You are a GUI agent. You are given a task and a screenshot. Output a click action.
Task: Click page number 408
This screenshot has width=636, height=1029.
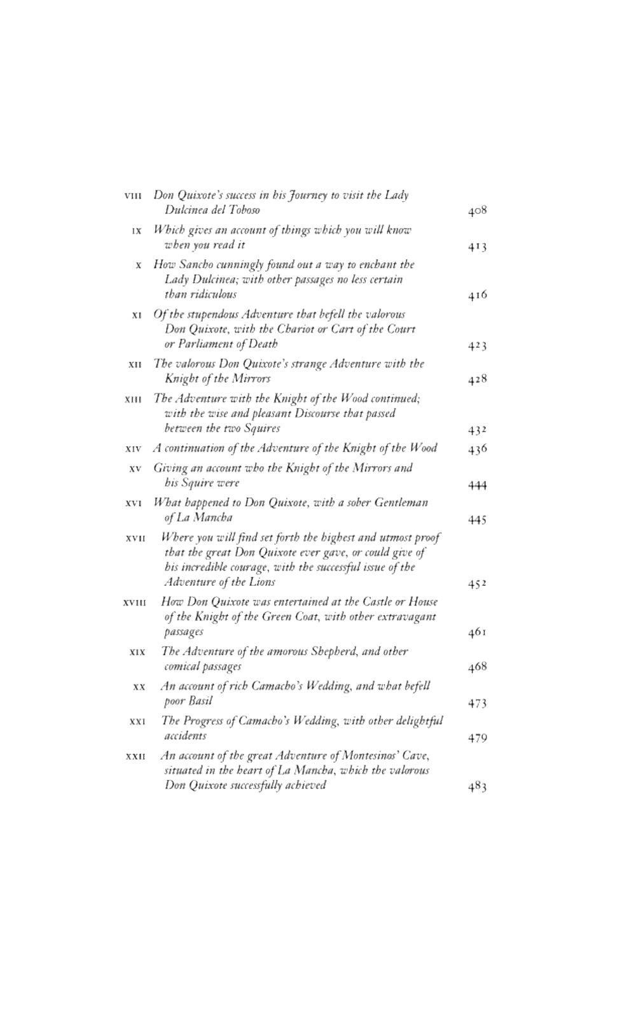point(477,211)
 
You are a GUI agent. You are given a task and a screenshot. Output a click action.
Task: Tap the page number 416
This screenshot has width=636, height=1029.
point(477,295)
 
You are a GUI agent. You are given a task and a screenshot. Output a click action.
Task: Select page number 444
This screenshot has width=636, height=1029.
point(477,486)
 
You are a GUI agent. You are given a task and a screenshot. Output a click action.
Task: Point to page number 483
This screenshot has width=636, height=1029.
point(477,786)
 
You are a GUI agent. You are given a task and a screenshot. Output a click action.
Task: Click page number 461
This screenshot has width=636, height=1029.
point(477,632)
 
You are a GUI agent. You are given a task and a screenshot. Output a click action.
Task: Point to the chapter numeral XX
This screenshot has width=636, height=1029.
point(140,687)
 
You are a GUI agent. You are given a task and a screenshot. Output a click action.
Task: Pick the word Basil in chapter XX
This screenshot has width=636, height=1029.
point(200,701)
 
